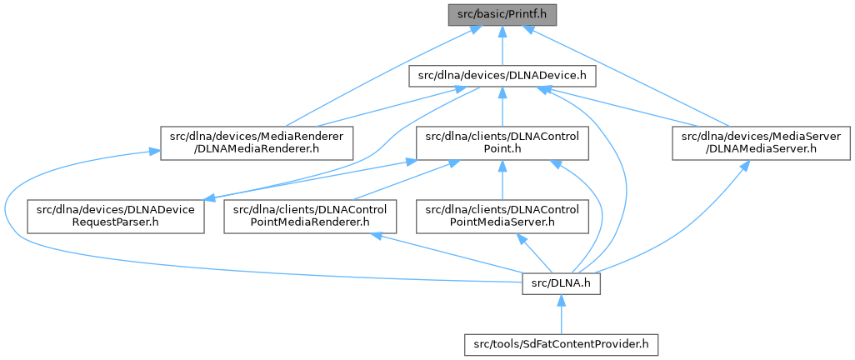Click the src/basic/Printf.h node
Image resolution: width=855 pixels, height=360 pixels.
[501, 14]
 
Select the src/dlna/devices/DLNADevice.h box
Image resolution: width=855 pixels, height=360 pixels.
[501, 77]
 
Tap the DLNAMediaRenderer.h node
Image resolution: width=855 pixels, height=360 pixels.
[257, 142]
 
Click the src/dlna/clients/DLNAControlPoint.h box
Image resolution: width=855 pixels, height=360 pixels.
[501, 142]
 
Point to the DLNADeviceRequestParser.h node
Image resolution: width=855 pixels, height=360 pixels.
[116, 216]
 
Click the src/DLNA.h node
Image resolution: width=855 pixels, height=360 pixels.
[561, 285]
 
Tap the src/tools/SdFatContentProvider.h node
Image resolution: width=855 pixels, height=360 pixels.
[561, 342]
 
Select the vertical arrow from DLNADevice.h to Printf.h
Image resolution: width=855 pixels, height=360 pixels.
[501, 46]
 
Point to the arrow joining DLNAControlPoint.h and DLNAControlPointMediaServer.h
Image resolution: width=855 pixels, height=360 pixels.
[501, 179]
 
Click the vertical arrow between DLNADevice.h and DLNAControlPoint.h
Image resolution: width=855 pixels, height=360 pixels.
[501, 108]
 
